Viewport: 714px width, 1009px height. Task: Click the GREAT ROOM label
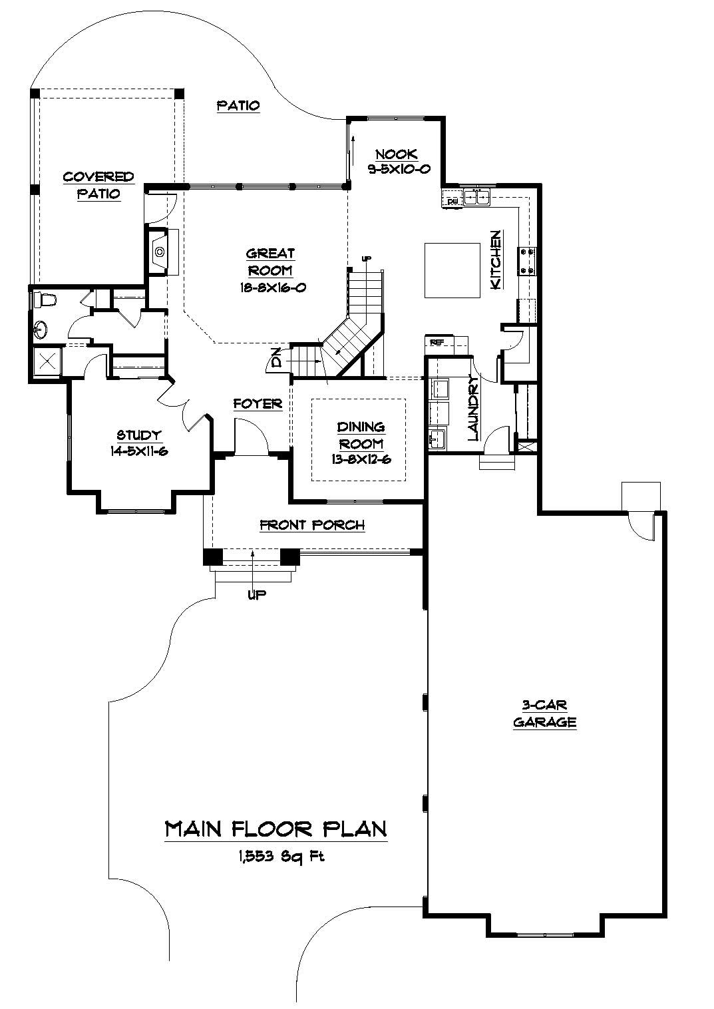coord(270,262)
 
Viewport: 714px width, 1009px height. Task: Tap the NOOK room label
coord(396,154)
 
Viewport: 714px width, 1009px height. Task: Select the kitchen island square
coord(452,270)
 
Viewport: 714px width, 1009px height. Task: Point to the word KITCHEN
coord(496,260)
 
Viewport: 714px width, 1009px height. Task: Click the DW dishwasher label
coord(452,200)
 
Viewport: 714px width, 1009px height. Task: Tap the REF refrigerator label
coord(437,342)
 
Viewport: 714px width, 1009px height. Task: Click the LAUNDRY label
coord(473,408)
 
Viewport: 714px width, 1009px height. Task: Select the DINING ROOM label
coord(360,435)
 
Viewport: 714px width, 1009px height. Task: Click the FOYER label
coord(258,404)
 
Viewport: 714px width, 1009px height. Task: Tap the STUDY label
coord(139,435)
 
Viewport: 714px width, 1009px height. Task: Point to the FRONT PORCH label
coord(312,525)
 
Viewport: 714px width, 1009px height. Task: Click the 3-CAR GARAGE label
coord(544,713)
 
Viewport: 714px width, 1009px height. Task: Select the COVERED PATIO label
coord(98,185)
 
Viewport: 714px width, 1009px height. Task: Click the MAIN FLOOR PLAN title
coord(276,829)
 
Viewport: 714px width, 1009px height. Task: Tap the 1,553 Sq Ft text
coord(277,857)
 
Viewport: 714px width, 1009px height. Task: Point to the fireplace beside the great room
coord(159,252)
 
